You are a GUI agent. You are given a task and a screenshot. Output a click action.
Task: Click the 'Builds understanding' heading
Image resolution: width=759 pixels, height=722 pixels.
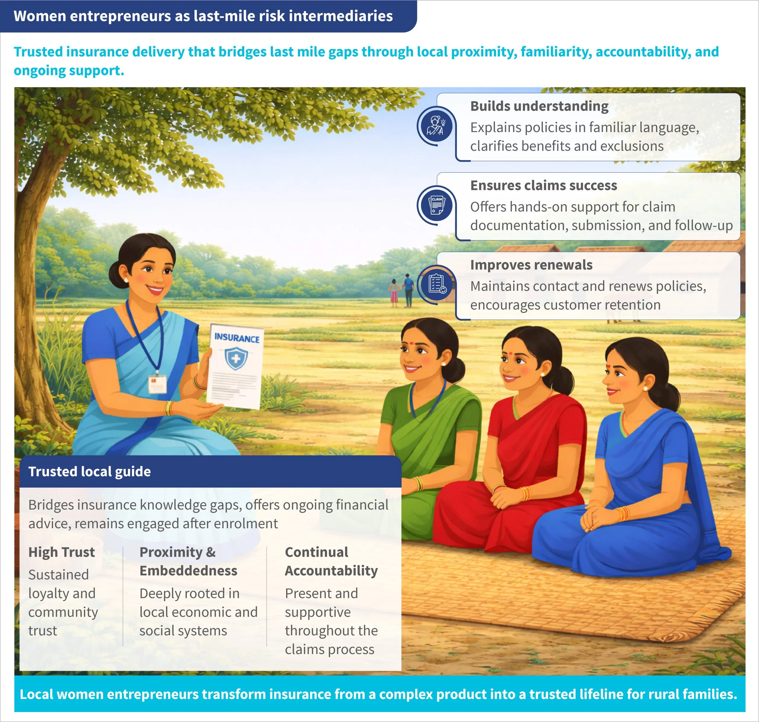(x=539, y=106)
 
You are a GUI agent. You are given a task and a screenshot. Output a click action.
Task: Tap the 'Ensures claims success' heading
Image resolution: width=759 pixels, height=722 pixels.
(x=543, y=185)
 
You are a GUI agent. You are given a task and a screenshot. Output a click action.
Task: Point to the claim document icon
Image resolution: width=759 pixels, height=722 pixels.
(x=436, y=206)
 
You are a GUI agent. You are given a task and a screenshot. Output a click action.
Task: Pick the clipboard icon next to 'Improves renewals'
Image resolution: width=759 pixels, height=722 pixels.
(x=436, y=285)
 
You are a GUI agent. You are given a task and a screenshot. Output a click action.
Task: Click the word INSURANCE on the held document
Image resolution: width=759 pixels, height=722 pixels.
(x=237, y=338)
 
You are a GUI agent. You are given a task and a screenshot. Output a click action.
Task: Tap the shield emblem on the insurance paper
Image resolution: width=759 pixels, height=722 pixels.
(x=236, y=358)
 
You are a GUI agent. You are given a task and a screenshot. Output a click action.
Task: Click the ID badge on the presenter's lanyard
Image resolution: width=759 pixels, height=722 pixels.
(x=158, y=384)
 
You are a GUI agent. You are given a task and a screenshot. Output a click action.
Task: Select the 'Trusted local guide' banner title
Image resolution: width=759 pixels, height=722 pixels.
(x=90, y=472)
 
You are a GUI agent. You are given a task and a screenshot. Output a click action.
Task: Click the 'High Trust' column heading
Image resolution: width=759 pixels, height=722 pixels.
(x=61, y=552)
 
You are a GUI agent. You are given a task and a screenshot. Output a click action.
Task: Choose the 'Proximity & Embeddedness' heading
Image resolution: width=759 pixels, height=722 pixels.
(x=188, y=561)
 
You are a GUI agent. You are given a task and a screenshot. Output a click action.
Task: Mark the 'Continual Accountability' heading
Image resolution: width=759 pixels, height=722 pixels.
(x=331, y=561)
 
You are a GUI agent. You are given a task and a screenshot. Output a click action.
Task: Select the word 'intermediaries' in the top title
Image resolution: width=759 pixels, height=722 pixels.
(x=341, y=16)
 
